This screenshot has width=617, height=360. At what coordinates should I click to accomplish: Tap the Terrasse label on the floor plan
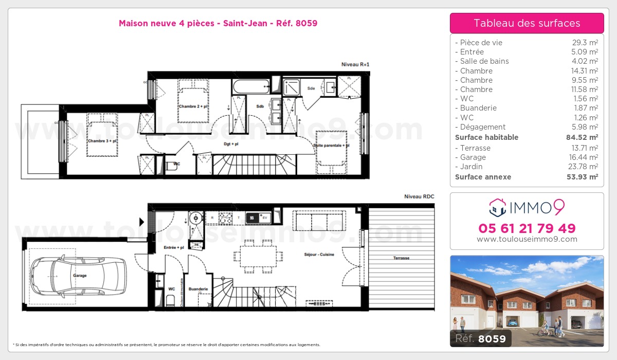pos(402,258)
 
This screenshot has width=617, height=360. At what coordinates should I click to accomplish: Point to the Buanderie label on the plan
pos(198,289)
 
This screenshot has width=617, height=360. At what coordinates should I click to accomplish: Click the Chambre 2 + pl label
pos(193,106)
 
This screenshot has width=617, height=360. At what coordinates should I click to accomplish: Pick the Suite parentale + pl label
pos(331,146)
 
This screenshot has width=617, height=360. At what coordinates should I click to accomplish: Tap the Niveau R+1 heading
pos(355,64)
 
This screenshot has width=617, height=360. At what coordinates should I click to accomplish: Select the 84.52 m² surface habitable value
pos(583,137)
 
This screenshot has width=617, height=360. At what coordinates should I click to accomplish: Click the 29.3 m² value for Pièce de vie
pos(586,43)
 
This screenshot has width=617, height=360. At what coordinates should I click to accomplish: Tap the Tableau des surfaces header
pos(527,23)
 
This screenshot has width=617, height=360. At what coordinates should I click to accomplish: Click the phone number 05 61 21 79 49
pos(527,228)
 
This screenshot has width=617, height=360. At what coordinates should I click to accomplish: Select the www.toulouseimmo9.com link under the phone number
pos(527,239)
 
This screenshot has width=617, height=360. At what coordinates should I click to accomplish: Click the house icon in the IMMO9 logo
pos(497,208)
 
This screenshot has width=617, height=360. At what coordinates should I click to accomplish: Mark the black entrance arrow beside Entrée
pos(142,222)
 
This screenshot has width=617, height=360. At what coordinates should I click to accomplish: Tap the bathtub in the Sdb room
pos(250,86)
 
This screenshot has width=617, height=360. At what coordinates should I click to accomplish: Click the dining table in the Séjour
pos(258,256)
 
